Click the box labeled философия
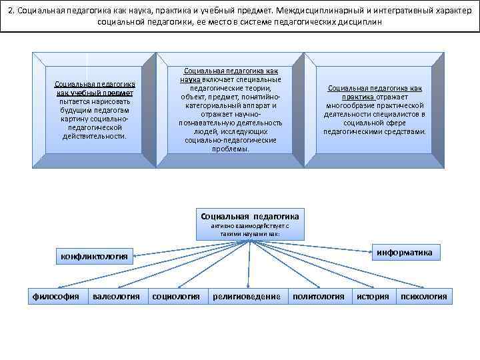(x=56, y=297)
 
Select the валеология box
(x=116, y=297)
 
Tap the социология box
(x=176, y=297)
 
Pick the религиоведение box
(x=246, y=297)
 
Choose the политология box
(x=319, y=297)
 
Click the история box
(x=372, y=297)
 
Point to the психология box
(x=423, y=297)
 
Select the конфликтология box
(x=94, y=255)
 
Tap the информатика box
(x=405, y=253)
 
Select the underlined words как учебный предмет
(x=95, y=93)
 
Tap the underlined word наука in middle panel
(x=190, y=79)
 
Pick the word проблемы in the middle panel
(x=231, y=149)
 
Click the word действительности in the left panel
(x=94, y=136)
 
